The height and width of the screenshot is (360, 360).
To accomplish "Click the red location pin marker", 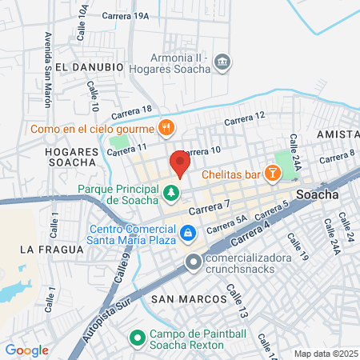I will [179, 164].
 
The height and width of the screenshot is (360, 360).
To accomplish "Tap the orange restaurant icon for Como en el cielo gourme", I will [166, 126].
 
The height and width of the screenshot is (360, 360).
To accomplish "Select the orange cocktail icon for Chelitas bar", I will [273, 172].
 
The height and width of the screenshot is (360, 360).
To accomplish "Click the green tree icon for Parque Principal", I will [170, 192].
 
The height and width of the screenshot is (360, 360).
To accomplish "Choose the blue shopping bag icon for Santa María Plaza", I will [187, 233].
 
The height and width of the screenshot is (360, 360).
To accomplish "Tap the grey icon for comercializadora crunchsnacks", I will [193, 262].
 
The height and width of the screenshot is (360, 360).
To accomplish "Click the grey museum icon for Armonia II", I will [223, 62].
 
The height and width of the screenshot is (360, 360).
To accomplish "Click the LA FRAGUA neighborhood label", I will [52, 250].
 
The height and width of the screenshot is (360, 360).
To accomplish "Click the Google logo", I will [26, 350].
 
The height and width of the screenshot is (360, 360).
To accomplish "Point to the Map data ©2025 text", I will [324, 354].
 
